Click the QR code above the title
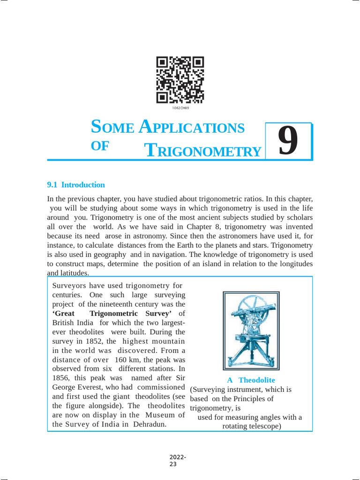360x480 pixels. (180, 80)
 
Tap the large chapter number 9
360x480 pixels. (288, 141)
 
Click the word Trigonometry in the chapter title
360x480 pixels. (202, 150)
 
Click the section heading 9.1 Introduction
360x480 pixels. (76, 185)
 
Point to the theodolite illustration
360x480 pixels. (251, 330)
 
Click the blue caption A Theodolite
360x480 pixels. (251, 380)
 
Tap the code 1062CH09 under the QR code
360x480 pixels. (180, 108)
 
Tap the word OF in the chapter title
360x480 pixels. (99, 146)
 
